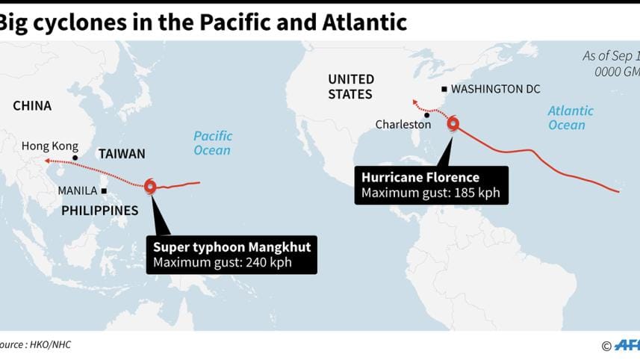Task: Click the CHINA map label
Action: coord(32,106)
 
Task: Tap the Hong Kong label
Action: coord(50,146)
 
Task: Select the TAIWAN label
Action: coord(122,154)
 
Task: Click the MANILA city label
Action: coord(78,191)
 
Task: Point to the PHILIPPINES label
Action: coord(100,211)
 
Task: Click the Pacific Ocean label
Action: coord(213,143)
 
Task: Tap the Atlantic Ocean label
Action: coord(571,118)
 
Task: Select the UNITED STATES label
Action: coord(351,87)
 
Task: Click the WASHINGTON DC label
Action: coord(495,89)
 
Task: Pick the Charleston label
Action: coord(403,125)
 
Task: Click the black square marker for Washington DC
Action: coord(444,89)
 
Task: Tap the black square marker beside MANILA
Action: coord(105,191)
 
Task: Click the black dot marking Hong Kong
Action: coord(75,157)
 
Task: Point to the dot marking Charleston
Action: coord(427,115)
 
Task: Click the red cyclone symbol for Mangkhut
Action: coord(151,187)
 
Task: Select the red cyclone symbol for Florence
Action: coord(453,125)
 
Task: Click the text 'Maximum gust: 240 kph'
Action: coord(222,262)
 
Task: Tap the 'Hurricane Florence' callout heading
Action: coord(420,178)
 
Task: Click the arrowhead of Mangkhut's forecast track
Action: coord(47,161)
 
